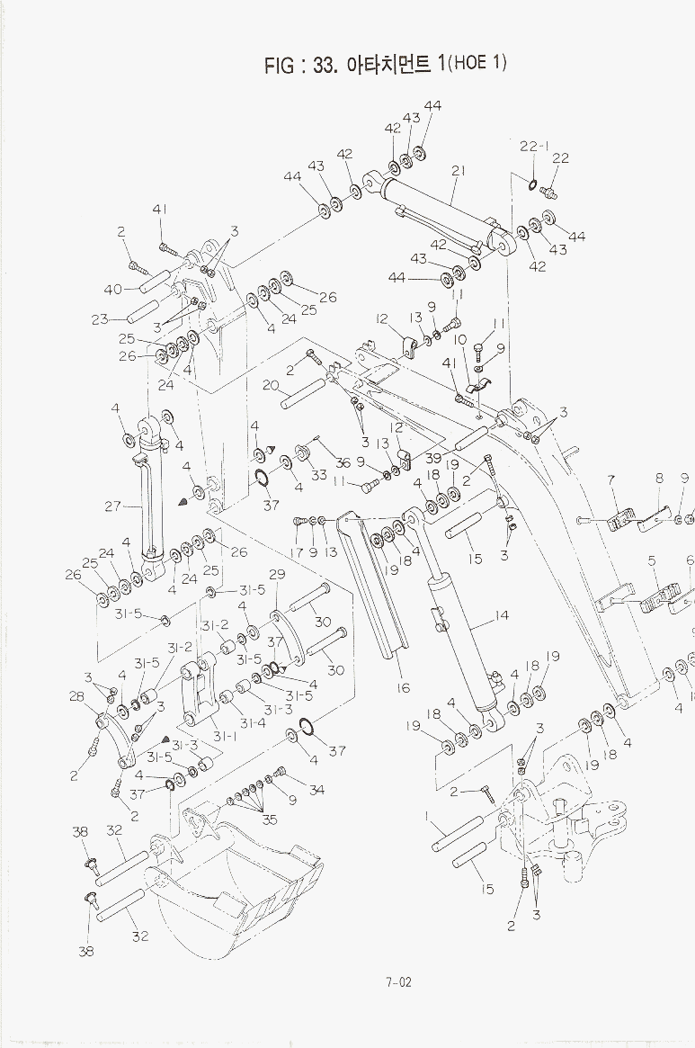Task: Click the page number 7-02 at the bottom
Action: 398,981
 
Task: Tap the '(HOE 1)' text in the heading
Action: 477,63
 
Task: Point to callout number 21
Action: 458,171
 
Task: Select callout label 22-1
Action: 535,147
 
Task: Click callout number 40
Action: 112,290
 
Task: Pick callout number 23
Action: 100,320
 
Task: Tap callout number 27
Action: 113,506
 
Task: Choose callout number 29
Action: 277,574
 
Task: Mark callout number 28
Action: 76,696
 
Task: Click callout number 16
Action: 403,688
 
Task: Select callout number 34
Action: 316,790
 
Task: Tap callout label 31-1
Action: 225,737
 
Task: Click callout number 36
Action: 343,462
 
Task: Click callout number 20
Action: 270,385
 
